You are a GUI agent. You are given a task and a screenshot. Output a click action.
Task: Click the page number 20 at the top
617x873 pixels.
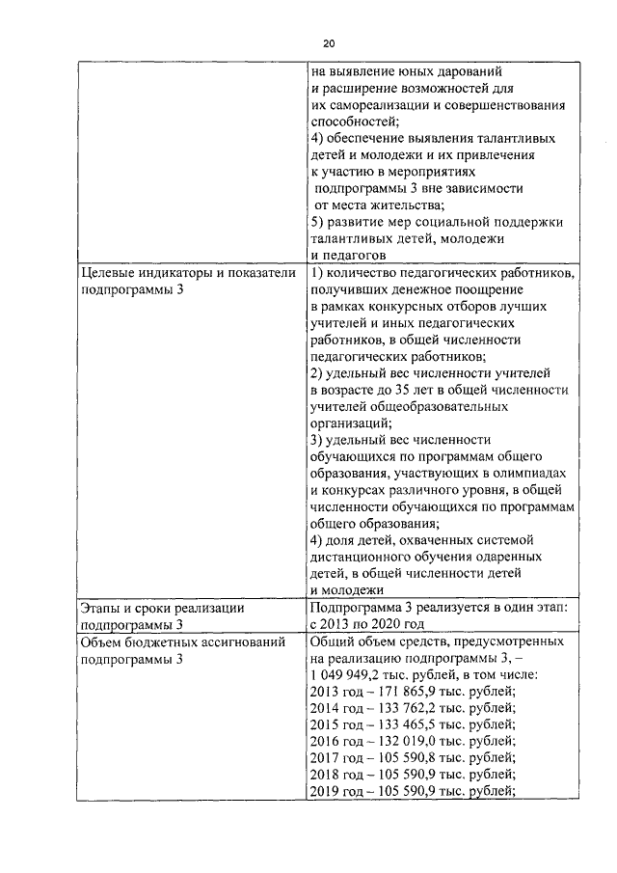[329, 43]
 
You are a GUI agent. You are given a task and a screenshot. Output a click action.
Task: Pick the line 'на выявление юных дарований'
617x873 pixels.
[407, 70]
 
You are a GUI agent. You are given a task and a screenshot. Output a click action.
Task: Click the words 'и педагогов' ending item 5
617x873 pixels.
[348, 255]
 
